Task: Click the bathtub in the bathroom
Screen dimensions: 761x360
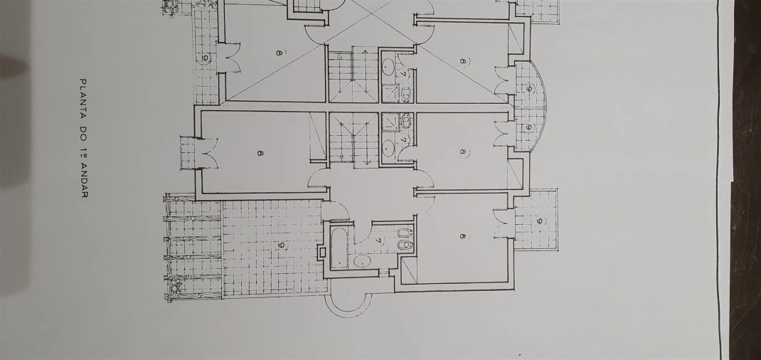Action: [x=339, y=249]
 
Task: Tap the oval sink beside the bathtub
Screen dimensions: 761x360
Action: [x=361, y=262]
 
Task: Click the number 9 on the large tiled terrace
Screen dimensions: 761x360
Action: [x=280, y=245]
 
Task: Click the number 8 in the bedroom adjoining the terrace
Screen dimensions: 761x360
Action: [x=260, y=154]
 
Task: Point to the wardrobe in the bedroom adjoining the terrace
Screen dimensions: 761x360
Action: [x=317, y=137]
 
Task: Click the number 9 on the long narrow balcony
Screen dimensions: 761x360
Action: [x=205, y=59]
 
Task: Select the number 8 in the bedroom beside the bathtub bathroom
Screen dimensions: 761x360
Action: [x=462, y=236]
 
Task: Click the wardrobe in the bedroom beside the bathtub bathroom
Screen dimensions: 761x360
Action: [x=409, y=270]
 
